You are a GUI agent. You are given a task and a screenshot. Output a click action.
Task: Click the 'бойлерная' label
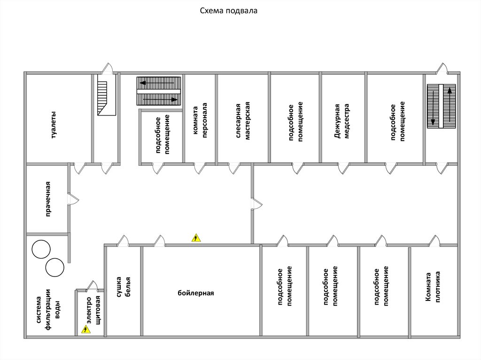coord(196,293)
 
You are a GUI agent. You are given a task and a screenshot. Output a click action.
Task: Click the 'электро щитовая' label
coord(93,309)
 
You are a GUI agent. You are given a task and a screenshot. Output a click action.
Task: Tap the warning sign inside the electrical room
coord(85,330)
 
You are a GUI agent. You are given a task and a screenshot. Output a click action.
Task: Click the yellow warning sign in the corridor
coord(196,238)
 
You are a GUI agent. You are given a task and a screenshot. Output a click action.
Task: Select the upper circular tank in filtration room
coord(41,249)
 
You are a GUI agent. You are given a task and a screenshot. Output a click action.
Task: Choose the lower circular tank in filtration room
coord(55,267)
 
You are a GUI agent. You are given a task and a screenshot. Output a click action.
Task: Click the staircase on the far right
coord(441,106)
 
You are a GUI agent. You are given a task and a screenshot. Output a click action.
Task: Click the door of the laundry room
coord(72,199)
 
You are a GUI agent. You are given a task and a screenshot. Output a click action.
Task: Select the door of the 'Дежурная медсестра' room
coord(343,168)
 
